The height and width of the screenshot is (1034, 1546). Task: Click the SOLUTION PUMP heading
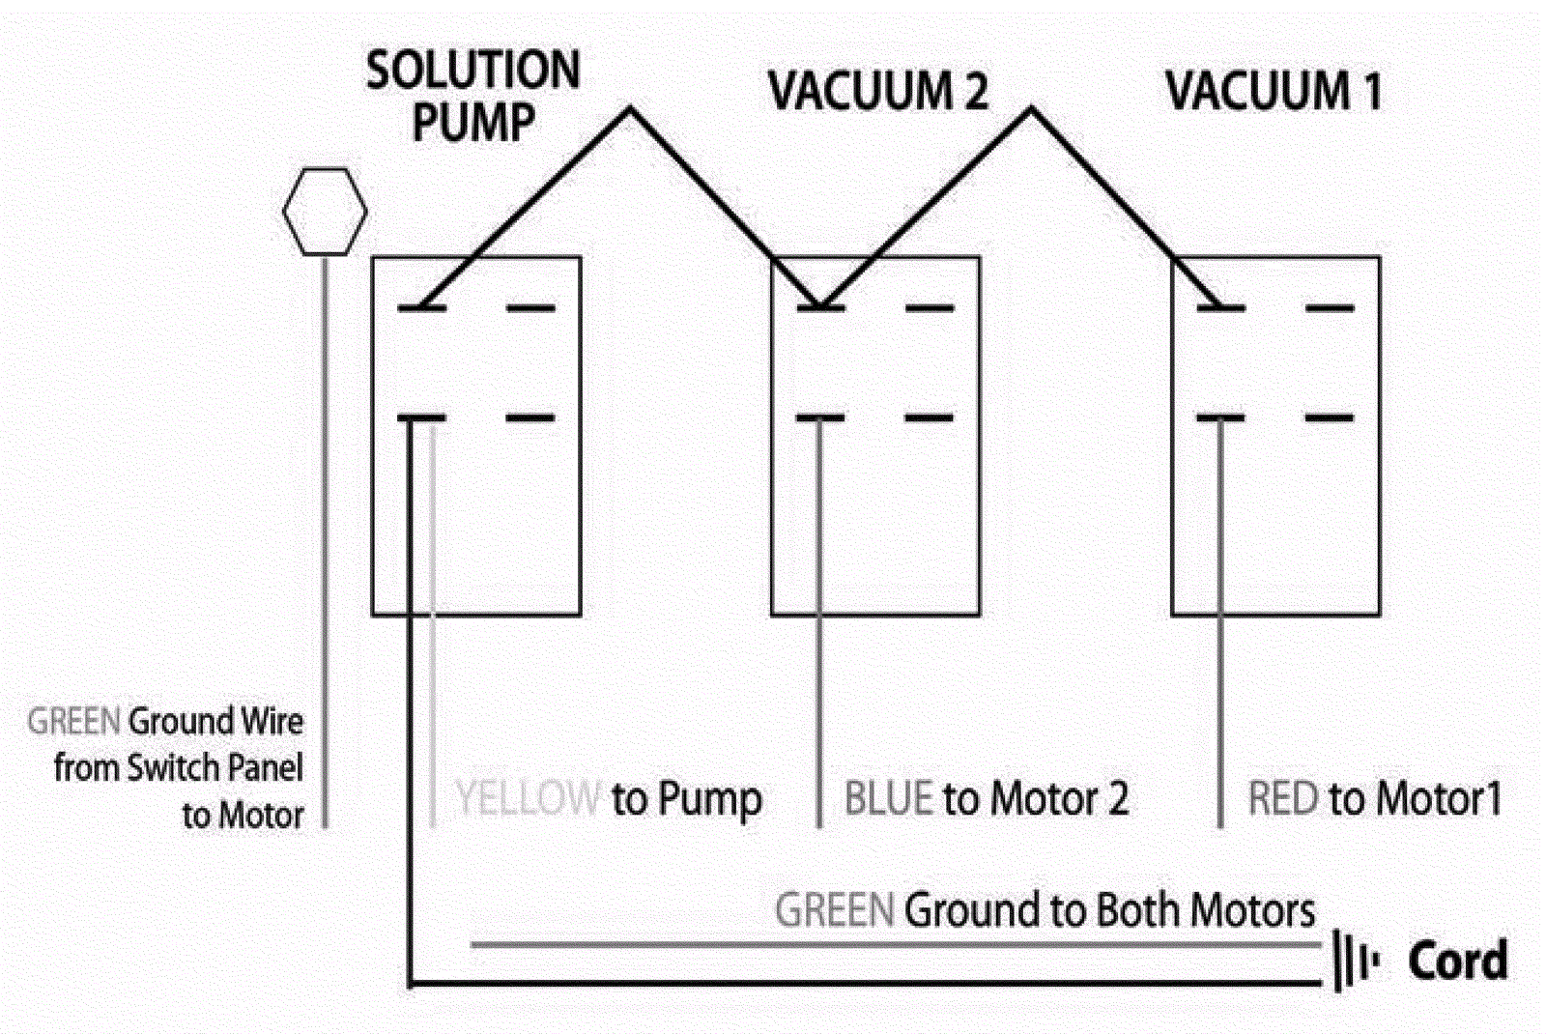click(472, 96)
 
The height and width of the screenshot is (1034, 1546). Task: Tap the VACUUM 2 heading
click(877, 92)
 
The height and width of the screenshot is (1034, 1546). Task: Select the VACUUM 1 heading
click(1274, 92)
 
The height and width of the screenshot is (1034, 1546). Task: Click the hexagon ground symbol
click(325, 212)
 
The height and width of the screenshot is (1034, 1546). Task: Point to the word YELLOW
click(528, 799)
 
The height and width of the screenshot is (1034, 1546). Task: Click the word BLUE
click(888, 799)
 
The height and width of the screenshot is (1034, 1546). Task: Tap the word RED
click(1282, 799)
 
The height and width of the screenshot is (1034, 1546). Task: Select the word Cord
click(1457, 961)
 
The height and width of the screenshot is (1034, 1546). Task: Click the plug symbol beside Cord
click(1355, 961)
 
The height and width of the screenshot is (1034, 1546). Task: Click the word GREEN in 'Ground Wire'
click(73, 721)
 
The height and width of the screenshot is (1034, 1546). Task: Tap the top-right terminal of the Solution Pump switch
click(531, 308)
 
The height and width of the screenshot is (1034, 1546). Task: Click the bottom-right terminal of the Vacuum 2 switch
click(930, 418)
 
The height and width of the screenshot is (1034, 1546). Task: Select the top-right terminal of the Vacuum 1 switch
click(1330, 308)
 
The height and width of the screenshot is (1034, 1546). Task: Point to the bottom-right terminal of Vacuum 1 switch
click(1330, 418)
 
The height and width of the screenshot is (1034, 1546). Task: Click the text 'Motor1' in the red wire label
click(1439, 799)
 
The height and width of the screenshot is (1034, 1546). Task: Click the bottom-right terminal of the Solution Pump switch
click(531, 418)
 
